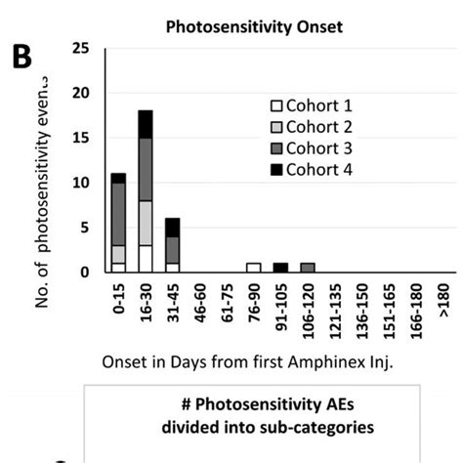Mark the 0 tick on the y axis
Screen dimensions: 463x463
point(88,272)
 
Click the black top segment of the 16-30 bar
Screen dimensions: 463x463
point(145,123)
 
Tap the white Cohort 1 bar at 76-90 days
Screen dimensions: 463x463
point(253,267)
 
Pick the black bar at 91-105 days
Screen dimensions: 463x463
point(280,267)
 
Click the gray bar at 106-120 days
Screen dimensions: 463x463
point(308,267)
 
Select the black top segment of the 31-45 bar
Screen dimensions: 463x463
point(172,227)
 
